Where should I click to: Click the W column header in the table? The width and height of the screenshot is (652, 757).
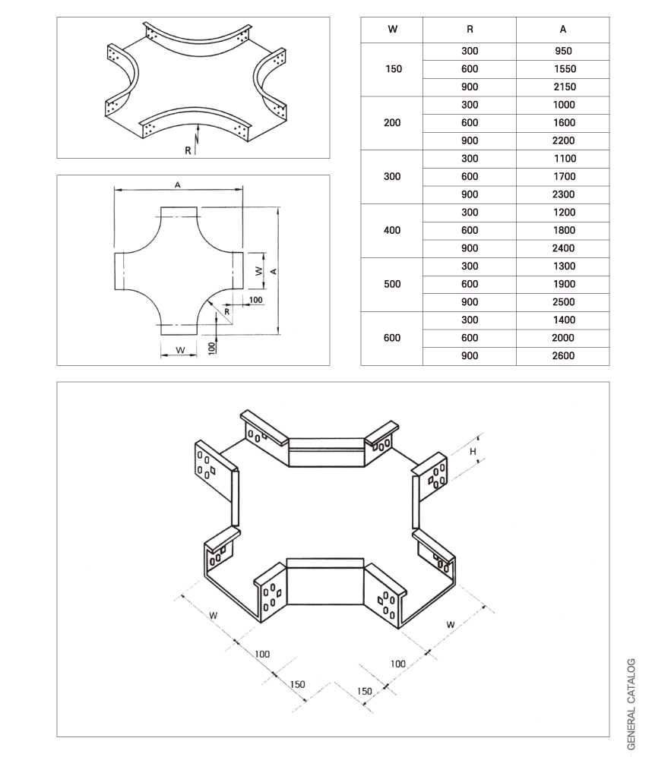[x=392, y=30]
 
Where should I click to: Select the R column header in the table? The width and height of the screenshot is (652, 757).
[x=470, y=30]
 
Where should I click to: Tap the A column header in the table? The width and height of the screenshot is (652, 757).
[x=562, y=30]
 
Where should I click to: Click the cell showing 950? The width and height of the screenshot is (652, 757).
[x=562, y=52]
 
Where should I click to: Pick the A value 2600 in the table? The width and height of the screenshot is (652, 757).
[x=563, y=356]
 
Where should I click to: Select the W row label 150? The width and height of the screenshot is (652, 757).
[x=393, y=69]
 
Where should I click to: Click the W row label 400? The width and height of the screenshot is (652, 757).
[x=393, y=230]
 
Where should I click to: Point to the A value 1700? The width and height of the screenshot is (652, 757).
[x=563, y=177]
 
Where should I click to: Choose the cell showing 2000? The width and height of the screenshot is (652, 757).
[x=563, y=338]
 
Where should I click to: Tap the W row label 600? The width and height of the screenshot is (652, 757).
[x=392, y=338]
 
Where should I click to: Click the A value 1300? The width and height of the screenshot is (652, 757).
[x=563, y=267]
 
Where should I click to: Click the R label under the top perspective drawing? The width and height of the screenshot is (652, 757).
[x=188, y=150]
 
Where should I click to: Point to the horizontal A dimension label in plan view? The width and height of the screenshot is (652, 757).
[x=178, y=185]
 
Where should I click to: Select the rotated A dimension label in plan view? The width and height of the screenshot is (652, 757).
[x=272, y=270]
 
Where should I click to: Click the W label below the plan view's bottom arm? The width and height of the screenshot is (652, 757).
[x=179, y=350]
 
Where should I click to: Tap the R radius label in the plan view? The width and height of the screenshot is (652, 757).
[x=227, y=311]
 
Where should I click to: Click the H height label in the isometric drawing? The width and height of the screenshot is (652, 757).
[x=473, y=452]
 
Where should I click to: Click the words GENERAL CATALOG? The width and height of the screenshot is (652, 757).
[x=631, y=703]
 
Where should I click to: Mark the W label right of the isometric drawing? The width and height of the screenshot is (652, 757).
[x=450, y=625]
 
